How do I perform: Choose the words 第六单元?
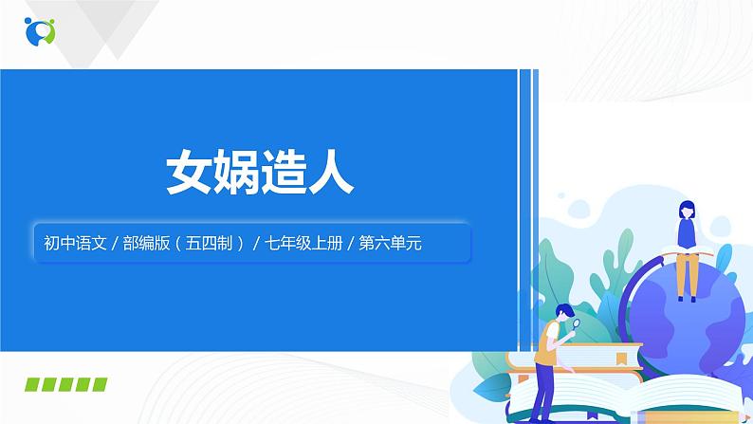pos(390,243)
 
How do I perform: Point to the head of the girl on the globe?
pos(685,210)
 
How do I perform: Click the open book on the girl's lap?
pos(685,249)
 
